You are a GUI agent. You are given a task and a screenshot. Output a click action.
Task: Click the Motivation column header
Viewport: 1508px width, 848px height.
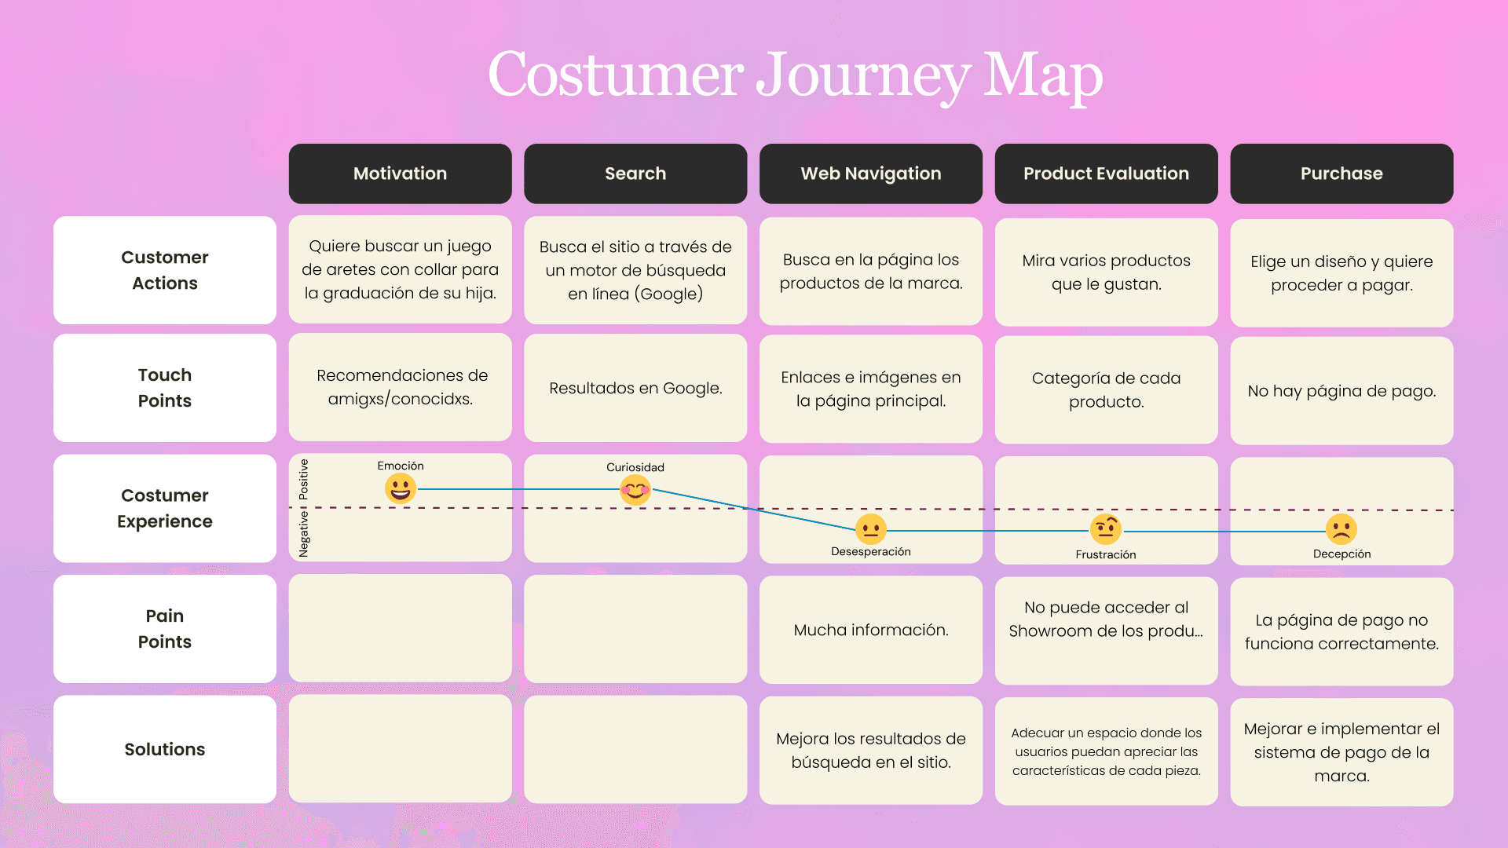click(x=400, y=174)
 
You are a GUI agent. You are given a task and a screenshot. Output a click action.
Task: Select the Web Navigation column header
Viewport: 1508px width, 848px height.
click(x=870, y=174)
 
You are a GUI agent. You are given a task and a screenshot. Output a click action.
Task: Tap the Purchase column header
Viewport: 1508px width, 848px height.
click(x=1341, y=174)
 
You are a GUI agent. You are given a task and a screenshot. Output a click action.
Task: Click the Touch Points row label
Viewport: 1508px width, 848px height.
click(x=165, y=388)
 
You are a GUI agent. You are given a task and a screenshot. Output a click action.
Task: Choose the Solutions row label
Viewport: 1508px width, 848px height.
click(x=165, y=749)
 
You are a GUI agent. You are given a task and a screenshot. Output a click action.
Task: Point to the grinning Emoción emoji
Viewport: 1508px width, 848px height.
click(x=400, y=488)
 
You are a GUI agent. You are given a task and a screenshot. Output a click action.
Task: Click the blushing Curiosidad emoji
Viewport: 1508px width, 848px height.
click(x=635, y=490)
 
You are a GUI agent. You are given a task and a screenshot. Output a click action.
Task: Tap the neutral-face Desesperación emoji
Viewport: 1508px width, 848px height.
click(x=870, y=529)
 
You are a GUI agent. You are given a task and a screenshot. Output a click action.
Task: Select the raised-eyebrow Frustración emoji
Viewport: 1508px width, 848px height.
click(x=1106, y=530)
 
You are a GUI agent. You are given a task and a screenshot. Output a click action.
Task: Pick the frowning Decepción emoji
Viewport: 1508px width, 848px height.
click(x=1341, y=530)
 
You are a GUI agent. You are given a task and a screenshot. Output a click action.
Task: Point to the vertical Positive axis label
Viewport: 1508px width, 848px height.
click(x=304, y=480)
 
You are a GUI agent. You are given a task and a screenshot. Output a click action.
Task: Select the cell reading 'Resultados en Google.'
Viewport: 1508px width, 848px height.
click(x=635, y=388)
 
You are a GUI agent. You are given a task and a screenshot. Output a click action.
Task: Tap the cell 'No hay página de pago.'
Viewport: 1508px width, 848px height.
click(x=1341, y=390)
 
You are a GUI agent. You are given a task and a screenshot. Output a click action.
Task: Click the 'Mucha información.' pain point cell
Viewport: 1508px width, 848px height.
click(x=870, y=630)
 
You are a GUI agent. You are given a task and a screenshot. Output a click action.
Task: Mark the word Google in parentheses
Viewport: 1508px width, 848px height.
click(x=669, y=294)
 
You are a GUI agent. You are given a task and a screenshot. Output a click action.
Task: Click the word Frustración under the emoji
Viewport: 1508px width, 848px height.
click(x=1106, y=554)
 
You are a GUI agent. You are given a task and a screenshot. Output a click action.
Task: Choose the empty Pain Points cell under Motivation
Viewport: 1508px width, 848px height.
click(x=400, y=628)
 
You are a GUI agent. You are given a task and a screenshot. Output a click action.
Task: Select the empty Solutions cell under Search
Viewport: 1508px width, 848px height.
click(x=635, y=749)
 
